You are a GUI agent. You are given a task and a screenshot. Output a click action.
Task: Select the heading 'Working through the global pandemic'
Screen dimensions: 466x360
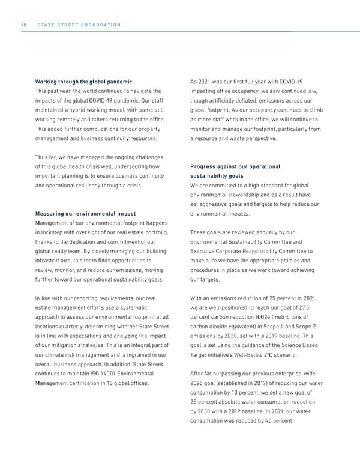tap(84, 81)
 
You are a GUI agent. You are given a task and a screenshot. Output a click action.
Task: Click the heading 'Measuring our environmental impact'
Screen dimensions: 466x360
tap(85, 213)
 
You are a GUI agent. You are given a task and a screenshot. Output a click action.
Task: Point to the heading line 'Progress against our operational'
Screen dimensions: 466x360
tap(235, 166)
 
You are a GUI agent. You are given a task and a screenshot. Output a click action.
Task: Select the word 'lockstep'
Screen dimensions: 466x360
tap(53, 232)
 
